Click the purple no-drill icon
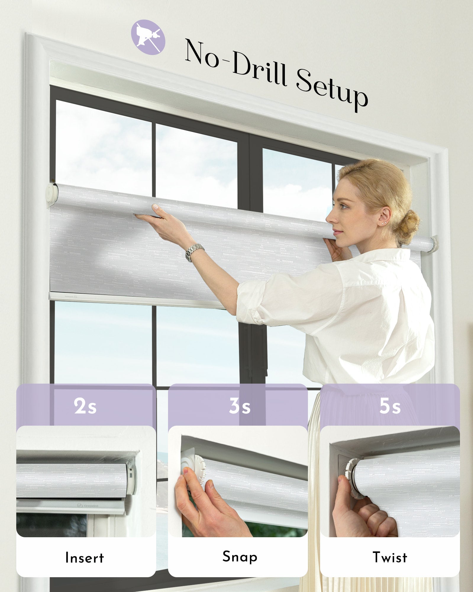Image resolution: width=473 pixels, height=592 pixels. [148, 37]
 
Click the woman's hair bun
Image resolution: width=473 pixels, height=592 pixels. [409, 223]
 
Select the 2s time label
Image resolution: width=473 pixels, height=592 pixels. [85, 406]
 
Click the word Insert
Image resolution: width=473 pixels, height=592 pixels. [85, 558]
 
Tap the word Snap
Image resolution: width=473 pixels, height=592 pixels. [240, 557]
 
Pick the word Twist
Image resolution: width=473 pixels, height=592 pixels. [390, 557]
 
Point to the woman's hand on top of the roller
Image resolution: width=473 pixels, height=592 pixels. [154, 214]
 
